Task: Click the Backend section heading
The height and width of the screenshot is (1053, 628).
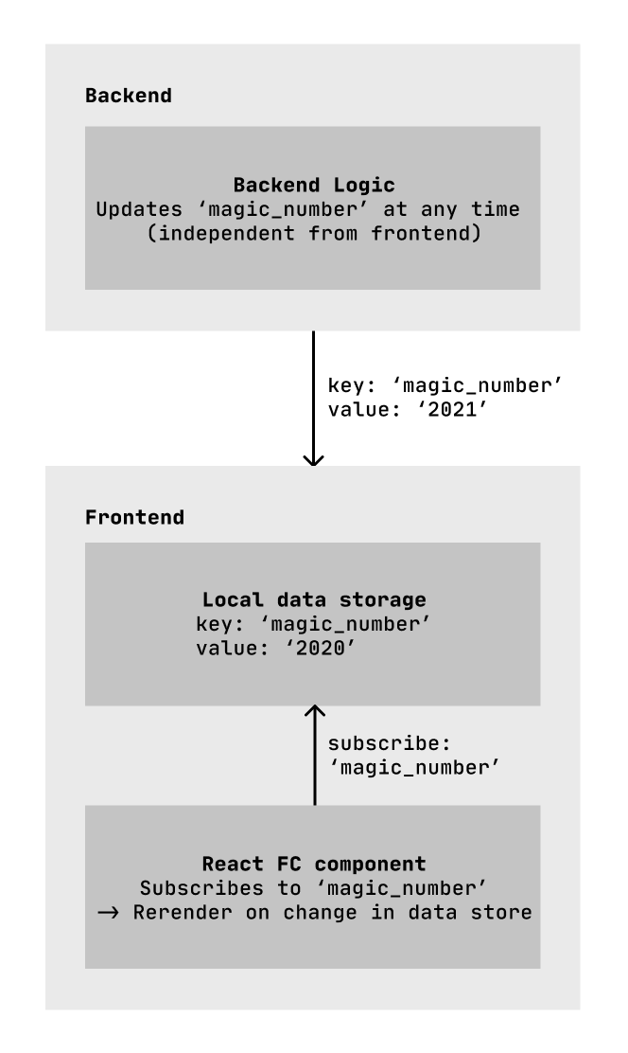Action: pos(129,96)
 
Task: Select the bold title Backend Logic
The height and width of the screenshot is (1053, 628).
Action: pos(313,186)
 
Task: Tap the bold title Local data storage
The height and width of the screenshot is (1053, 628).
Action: pos(313,600)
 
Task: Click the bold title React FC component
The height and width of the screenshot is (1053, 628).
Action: pos(313,865)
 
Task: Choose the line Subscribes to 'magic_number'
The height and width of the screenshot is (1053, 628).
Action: pos(313,888)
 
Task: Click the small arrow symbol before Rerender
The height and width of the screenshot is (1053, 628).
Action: pos(107,913)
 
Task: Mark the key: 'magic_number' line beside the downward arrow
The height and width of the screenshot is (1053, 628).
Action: pos(445,385)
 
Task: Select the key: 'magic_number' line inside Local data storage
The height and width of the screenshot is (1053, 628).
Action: pos(313,624)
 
